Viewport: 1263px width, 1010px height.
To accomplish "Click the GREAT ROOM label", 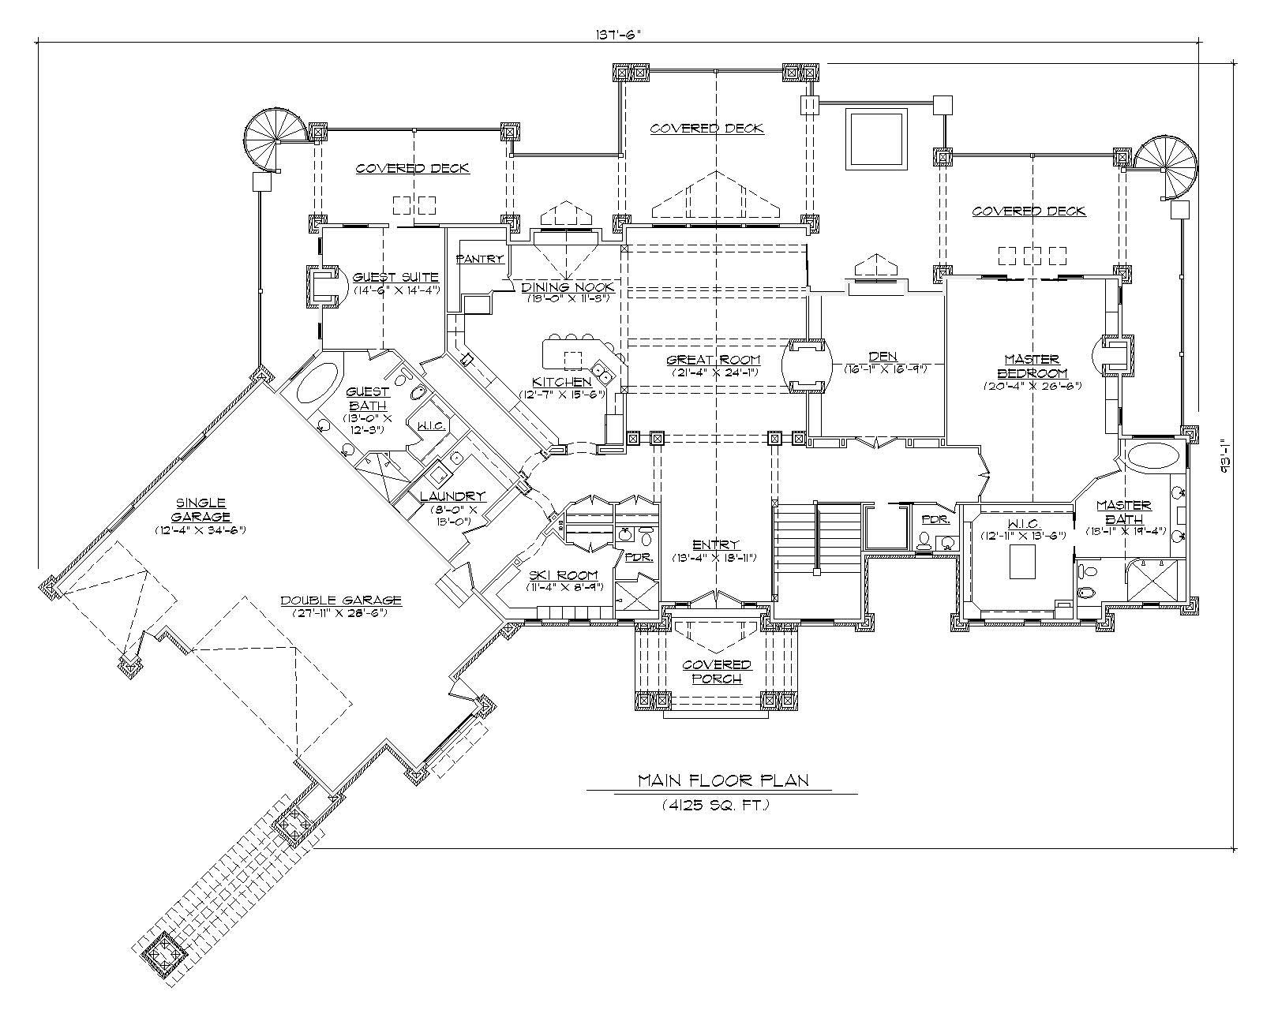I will click(x=715, y=360).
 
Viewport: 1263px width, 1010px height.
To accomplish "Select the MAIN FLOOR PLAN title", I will click(x=723, y=781).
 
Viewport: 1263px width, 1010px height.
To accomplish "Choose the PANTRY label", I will click(x=480, y=259).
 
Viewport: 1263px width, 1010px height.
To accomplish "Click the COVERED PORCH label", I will click(x=717, y=671).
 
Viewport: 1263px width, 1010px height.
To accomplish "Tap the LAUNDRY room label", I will click(x=452, y=496).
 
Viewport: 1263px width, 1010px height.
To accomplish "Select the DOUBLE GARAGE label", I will click(x=341, y=600).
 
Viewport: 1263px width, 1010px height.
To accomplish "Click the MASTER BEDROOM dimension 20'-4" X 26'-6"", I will click(x=1032, y=387).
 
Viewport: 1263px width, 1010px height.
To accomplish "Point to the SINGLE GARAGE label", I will click(x=202, y=509).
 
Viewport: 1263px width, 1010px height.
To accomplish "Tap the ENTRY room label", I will click(x=716, y=544).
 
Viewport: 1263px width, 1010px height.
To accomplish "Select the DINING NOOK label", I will click(x=568, y=287).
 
